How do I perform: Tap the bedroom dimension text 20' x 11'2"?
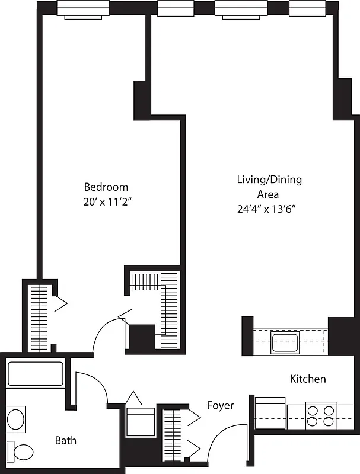tap(107, 201)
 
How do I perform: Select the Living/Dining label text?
tap(269, 180)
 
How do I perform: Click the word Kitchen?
tap(307, 379)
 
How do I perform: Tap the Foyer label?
tap(220, 406)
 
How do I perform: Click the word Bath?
tap(65, 440)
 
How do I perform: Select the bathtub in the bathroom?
tap(35, 374)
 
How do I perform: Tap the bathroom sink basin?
tap(17, 419)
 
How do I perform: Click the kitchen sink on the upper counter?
tap(285, 342)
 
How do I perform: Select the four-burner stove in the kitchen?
tap(321, 415)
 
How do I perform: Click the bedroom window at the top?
tap(84, 10)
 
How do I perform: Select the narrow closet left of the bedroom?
tap(39, 317)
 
